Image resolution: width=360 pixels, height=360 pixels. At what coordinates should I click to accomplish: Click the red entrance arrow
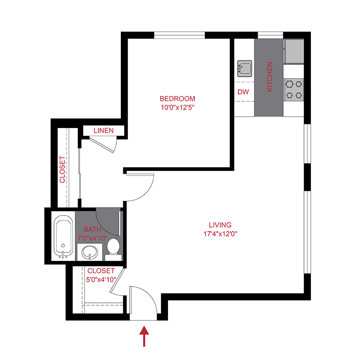pyautogui.click(x=144, y=336)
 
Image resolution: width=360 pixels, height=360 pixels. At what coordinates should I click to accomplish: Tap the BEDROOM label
pyautogui.click(x=177, y=99)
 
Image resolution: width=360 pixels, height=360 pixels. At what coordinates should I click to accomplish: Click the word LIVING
pyautogui.click(x=220, y=225)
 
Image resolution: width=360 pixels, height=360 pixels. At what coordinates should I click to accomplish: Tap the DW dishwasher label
pyautogui.click(x=243, y=92)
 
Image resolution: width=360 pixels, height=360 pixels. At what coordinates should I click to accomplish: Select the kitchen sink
pyautogui.click(x=244, y=68)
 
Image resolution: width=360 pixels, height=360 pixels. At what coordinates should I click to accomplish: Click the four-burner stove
pyautogui.click(x=294, y=90)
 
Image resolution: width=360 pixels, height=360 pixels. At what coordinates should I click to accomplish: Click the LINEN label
pyautogui.click(x=104, y=131)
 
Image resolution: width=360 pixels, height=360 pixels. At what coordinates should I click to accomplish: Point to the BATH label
pyautogui.click(x=92, y=230)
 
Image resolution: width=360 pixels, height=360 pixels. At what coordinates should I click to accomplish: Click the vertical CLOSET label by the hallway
pyautogui.click(x=62, y=169)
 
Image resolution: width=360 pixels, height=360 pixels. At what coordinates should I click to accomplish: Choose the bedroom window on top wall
pyautogui.click(x=180, y=35)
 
